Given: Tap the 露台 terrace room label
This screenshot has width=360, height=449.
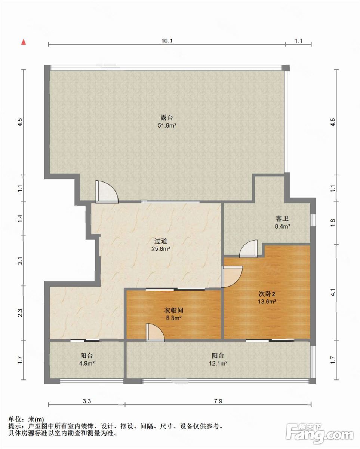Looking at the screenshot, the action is (x=167, y=117).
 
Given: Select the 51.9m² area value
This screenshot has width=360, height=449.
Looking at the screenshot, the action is (x=167, y=126).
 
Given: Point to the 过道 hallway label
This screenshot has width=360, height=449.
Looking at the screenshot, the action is (x=161, y=241).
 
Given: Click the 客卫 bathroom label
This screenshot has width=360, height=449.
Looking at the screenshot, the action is (x=282, y=219).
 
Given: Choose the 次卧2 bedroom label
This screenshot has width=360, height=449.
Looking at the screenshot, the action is (x=267, y=294).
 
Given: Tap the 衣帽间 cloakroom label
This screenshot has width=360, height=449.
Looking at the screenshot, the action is (x=174, y=310).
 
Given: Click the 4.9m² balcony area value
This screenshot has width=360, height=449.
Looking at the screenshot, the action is (x=87, y=363).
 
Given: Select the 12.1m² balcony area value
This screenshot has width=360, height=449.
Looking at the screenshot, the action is (x=218, y=363).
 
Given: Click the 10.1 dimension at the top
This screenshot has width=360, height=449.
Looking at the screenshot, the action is (x=167, y=41).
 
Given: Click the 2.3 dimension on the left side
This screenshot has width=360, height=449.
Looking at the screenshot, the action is (x=20, y=312).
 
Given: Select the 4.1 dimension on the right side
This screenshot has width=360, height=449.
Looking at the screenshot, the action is (x=333, y=292).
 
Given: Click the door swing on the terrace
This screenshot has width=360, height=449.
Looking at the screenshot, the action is (x=107, y=192).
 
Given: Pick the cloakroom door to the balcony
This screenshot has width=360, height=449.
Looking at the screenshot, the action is (x=155, y=332).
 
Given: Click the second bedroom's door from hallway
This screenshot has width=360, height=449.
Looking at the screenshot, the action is (x=232, y=277).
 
